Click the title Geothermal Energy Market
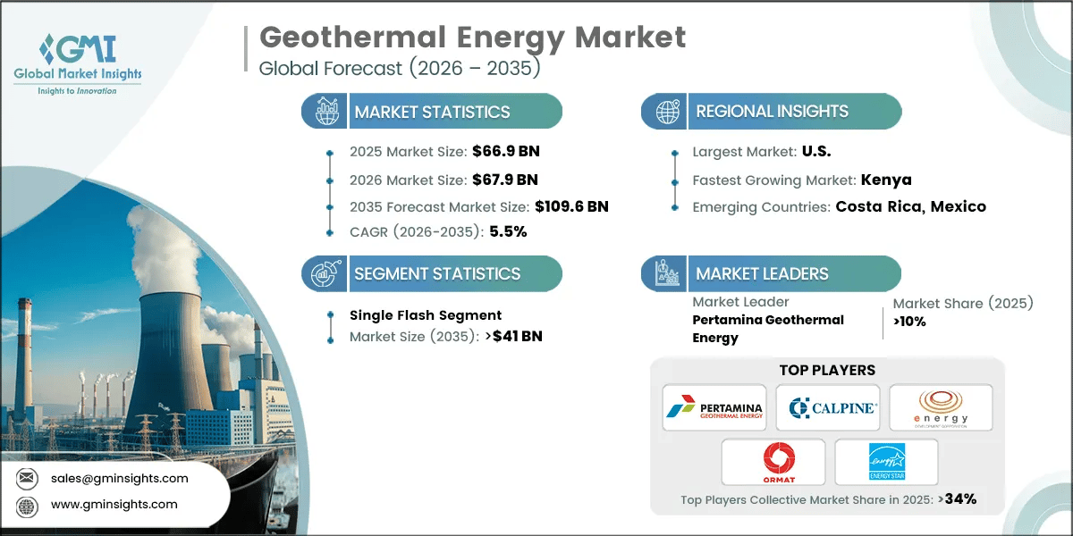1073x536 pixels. tap(472, 38)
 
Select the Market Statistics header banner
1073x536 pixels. tap(432, 112)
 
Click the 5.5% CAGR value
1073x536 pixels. tap(506, 231)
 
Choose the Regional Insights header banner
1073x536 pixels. tap(772, 112)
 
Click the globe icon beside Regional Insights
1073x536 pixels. tap(665, 112)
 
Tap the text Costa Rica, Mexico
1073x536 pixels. tap(910, 206)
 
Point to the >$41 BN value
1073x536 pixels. tap(511, 337)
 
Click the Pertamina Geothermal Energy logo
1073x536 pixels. tap(714, 408)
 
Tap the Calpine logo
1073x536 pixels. tap(828, 408)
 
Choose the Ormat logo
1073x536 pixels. tap(773, 462)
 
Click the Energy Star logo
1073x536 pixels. tap(885, 462)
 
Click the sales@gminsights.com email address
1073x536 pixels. tap(121, 478)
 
